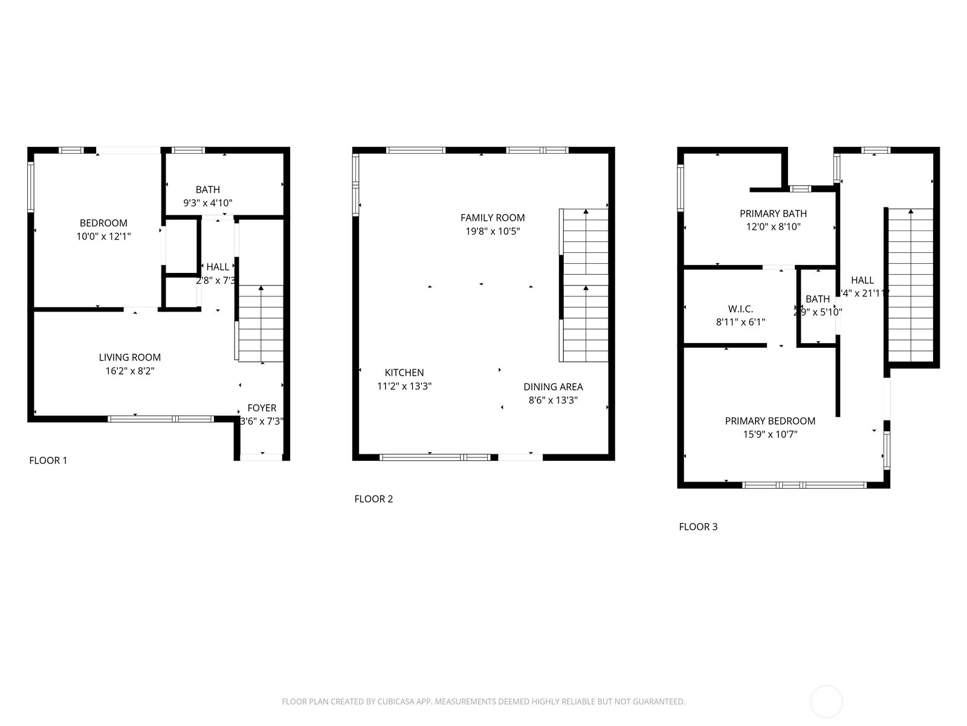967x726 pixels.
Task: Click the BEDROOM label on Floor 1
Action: click(x=103, y=223)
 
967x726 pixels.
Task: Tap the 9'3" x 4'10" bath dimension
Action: click(x=207, y=203)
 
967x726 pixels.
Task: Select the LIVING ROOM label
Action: click(x=130, y=358)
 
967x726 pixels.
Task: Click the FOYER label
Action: click(x=262, y=408)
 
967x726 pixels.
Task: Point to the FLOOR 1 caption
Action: click(x=48, y=460)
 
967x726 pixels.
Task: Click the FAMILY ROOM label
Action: click(x=493, y=218)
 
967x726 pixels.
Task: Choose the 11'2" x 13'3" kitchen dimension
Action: click(x=404, y=386)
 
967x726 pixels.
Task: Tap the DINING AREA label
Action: click(x=553, y=387)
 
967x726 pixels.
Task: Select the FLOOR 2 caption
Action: click(x=374, y=499)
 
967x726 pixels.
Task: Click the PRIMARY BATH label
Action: click(x=773, y=214)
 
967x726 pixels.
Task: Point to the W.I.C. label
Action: click(x=740, y=309)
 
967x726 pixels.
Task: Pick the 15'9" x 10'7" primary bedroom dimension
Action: click(x=770, y=434)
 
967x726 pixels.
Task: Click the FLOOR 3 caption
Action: click(x=698, y=527)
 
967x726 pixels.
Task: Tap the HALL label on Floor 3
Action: click(x=862, y=280)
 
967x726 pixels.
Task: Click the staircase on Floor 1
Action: click(x=261, y=324)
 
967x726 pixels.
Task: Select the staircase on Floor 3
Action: click(x=910, y=284)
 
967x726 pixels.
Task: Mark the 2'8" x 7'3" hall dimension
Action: click(x=216, y=281)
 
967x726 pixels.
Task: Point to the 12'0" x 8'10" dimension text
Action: click(x=773, y=227)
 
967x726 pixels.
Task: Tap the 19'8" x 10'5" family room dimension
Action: click(x=493, y=231)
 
